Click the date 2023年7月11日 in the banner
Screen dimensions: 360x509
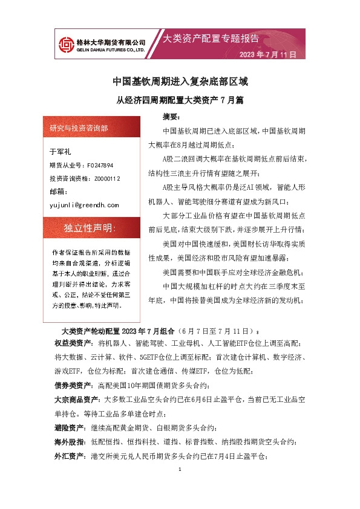tap(268, 54)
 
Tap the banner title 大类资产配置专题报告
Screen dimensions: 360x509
tap(212, 39)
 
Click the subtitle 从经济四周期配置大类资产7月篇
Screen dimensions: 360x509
tap(180, 100)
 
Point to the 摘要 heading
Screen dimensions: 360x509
tap(172, 115)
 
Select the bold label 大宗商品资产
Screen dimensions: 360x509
tap(78, 399)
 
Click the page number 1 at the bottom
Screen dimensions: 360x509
tap(180, 470)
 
